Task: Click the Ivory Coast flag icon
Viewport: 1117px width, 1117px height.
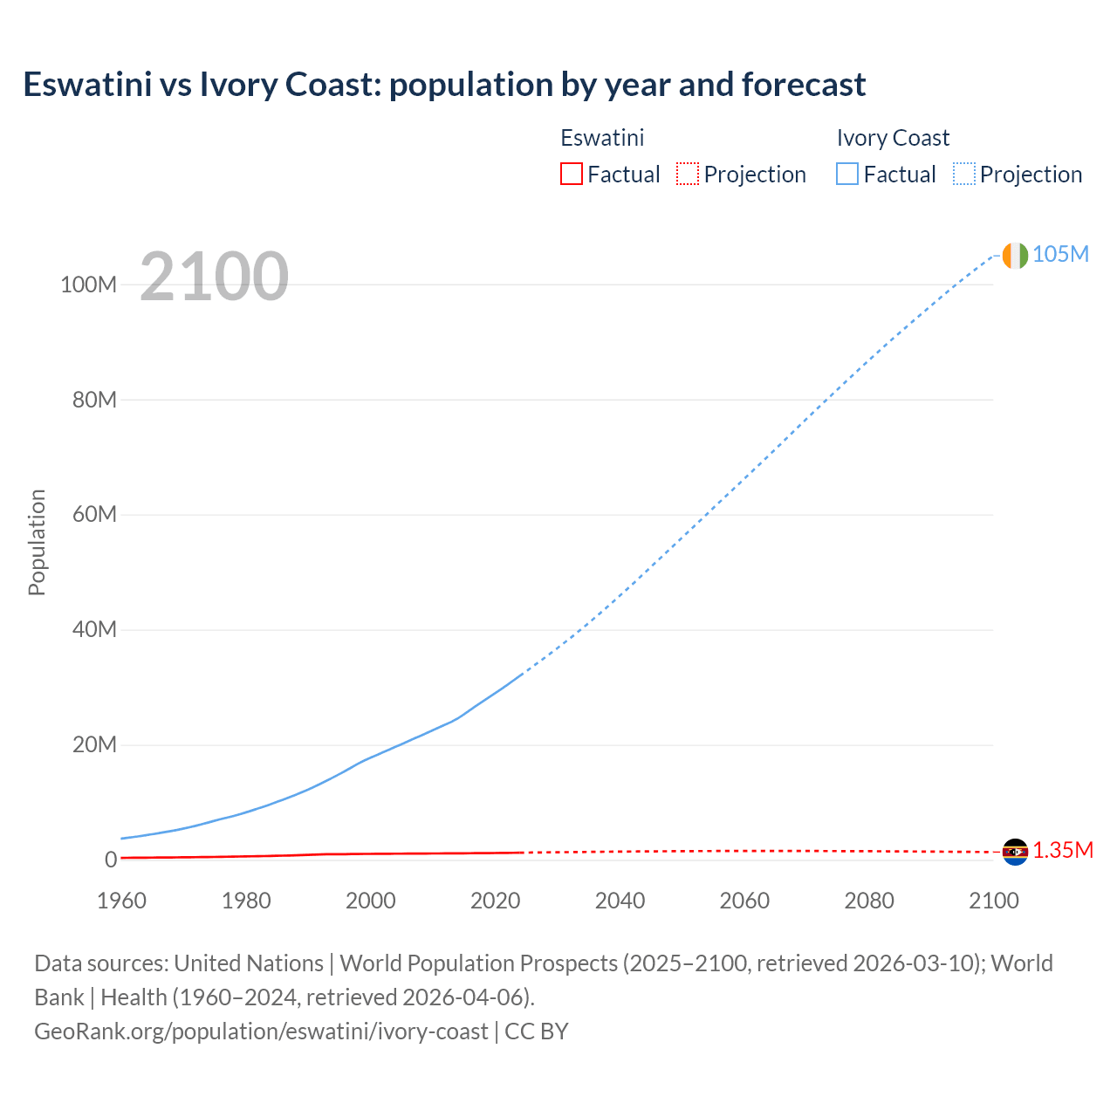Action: coord(1015,255)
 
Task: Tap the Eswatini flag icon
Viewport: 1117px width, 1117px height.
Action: coord(1015,852)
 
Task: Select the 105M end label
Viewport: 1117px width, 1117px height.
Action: coord(1060,254)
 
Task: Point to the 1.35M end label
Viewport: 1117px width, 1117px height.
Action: coord(1063,851)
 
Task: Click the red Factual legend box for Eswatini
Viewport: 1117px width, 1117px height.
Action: coord(571,174)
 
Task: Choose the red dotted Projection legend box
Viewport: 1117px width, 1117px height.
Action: coord(688,174)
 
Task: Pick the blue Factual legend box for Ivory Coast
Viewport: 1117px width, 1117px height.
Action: coord(847,174)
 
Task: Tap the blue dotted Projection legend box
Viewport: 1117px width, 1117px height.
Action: coord(964,174)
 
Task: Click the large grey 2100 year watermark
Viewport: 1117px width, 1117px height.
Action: coord(214,277)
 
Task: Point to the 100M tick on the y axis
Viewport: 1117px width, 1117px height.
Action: coord(88,284)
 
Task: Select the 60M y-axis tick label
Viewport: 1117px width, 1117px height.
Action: coord(94,515)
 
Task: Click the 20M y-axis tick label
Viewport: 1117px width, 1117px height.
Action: coord(94,745)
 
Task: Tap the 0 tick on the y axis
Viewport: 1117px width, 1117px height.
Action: coord(111,860)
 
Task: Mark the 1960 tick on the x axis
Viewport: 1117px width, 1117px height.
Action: coord(121,901)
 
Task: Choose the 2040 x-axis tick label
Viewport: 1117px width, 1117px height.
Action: coord(620,901)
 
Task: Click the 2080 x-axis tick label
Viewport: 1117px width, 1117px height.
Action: coord(869,901)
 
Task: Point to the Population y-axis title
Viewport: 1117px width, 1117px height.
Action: coord(37,542)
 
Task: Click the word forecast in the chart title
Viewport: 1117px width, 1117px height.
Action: coord(804,85)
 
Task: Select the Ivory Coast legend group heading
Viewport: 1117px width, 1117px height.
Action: coord(893,138)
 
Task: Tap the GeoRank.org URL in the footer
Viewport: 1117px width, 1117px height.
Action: coord(261,1031)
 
